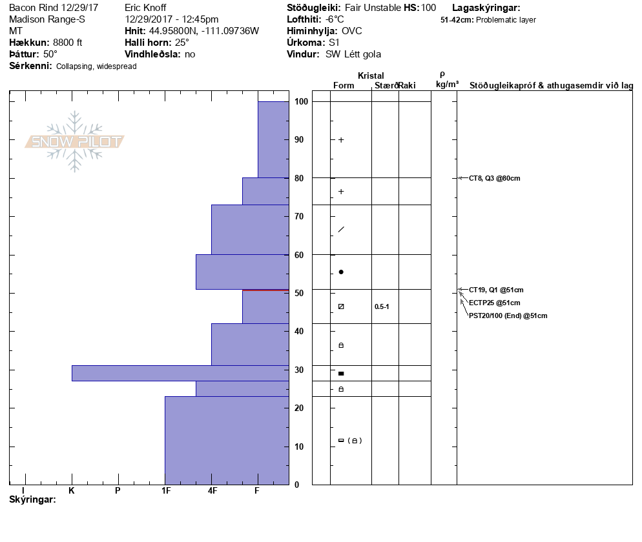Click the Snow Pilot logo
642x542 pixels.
(75, 141)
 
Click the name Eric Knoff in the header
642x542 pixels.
(145, 8)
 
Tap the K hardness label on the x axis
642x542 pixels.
(72, 490)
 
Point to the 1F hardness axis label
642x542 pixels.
(166, 490)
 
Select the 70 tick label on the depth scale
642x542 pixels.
(300, 216)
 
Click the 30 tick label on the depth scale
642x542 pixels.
(300, 370)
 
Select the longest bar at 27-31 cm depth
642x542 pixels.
(180, 373)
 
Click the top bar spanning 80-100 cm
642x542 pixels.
(273, 139)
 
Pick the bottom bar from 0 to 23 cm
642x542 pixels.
(227, 440)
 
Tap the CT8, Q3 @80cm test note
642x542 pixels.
(494, 178)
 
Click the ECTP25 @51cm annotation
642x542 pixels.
(494, 303)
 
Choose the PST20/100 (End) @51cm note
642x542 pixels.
(508, 316)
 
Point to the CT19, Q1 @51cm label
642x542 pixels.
(496, 290)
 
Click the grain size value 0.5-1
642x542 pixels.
(382, 306)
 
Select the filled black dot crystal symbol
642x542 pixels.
(341, 272)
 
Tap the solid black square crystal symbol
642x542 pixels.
(341, 374)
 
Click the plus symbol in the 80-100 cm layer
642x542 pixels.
(341, 140)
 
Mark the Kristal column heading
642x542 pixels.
(371, 75)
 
